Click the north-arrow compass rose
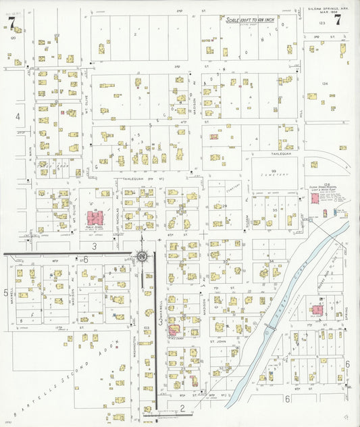tap(142, 256)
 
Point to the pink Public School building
tap(95, 219)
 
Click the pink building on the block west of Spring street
tap(317, 310)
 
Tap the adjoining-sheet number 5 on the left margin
tap(6, 293)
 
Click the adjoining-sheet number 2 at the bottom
tap(182, 407)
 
